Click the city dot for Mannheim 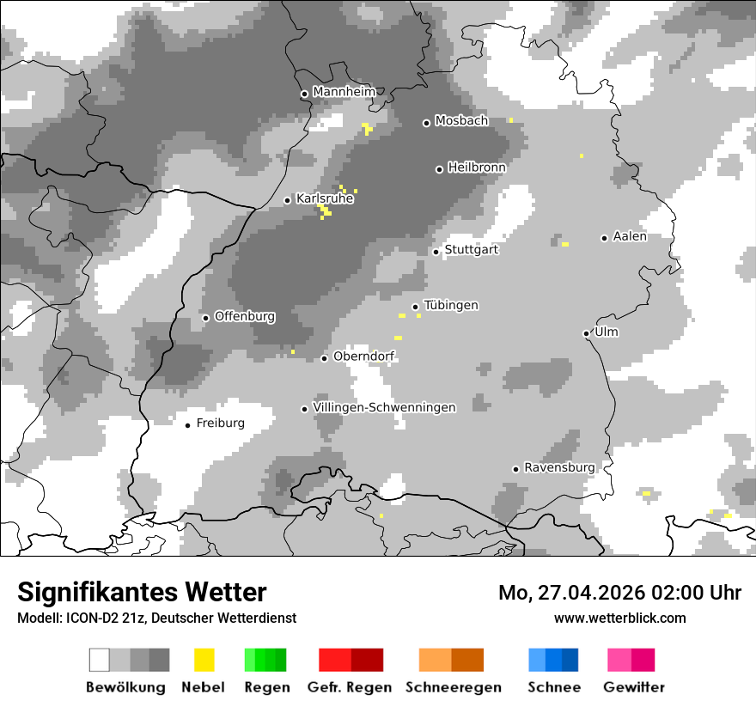[304, 94]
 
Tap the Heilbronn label [477, 168]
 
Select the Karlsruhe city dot [288, 200]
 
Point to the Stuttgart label [471, 250]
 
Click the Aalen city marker [604, 238]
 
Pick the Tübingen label [451, 305]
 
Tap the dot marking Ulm [586, 333]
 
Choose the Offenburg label [245, 316]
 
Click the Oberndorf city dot [324, 358]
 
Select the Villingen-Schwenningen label [384, 407]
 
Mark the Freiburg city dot [187, 425]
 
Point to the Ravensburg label [559, 467]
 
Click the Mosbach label [461, 121]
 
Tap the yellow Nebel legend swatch [204, 660]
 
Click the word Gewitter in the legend [634, 687]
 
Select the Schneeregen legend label [454, 687]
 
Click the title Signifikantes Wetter [142, 592]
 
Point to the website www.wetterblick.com [620, 618]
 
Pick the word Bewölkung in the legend [125, 687]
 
